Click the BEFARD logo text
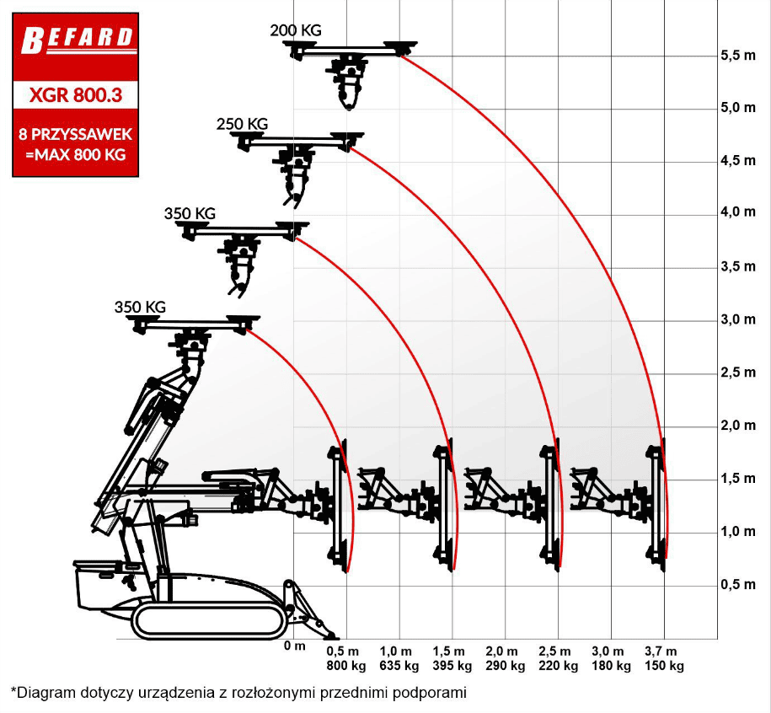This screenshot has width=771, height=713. pos(77,39)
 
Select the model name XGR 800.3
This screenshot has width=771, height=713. pos(75,94)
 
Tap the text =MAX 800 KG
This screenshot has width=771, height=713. pos(76,154)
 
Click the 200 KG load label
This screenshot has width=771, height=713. pos(296,30)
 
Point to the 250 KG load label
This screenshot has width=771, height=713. pos(242,123)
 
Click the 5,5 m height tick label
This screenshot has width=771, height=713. pos(738,55)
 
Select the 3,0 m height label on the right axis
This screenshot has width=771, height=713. pos(738,319)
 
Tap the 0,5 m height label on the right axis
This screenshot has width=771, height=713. pos(738,585)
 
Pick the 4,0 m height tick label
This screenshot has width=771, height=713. pos(738,212)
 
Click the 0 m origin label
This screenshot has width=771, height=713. pos(295,646)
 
